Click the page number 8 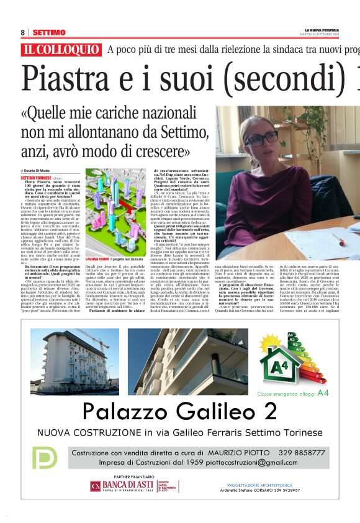point(22,32)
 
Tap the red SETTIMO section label point(49,32)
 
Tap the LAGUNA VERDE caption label point(97,258)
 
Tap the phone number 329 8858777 point(301,453)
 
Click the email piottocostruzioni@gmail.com point(254,463)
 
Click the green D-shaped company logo point(45,458)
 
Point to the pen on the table point(338,239)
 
